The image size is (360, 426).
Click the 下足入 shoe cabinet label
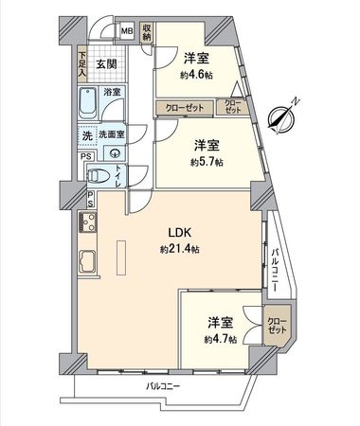[x=82, y=64]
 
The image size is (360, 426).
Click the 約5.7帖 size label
[x=207, y=161]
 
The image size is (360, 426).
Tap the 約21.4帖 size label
[x=178, y=249]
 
